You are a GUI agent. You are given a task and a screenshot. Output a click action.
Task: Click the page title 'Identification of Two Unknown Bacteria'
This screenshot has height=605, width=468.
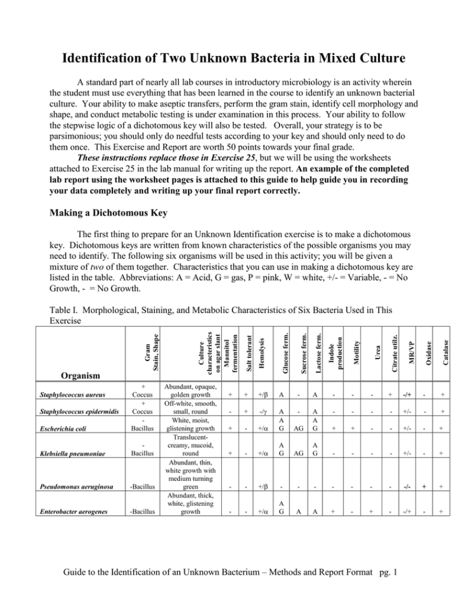(x=234, y=59)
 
